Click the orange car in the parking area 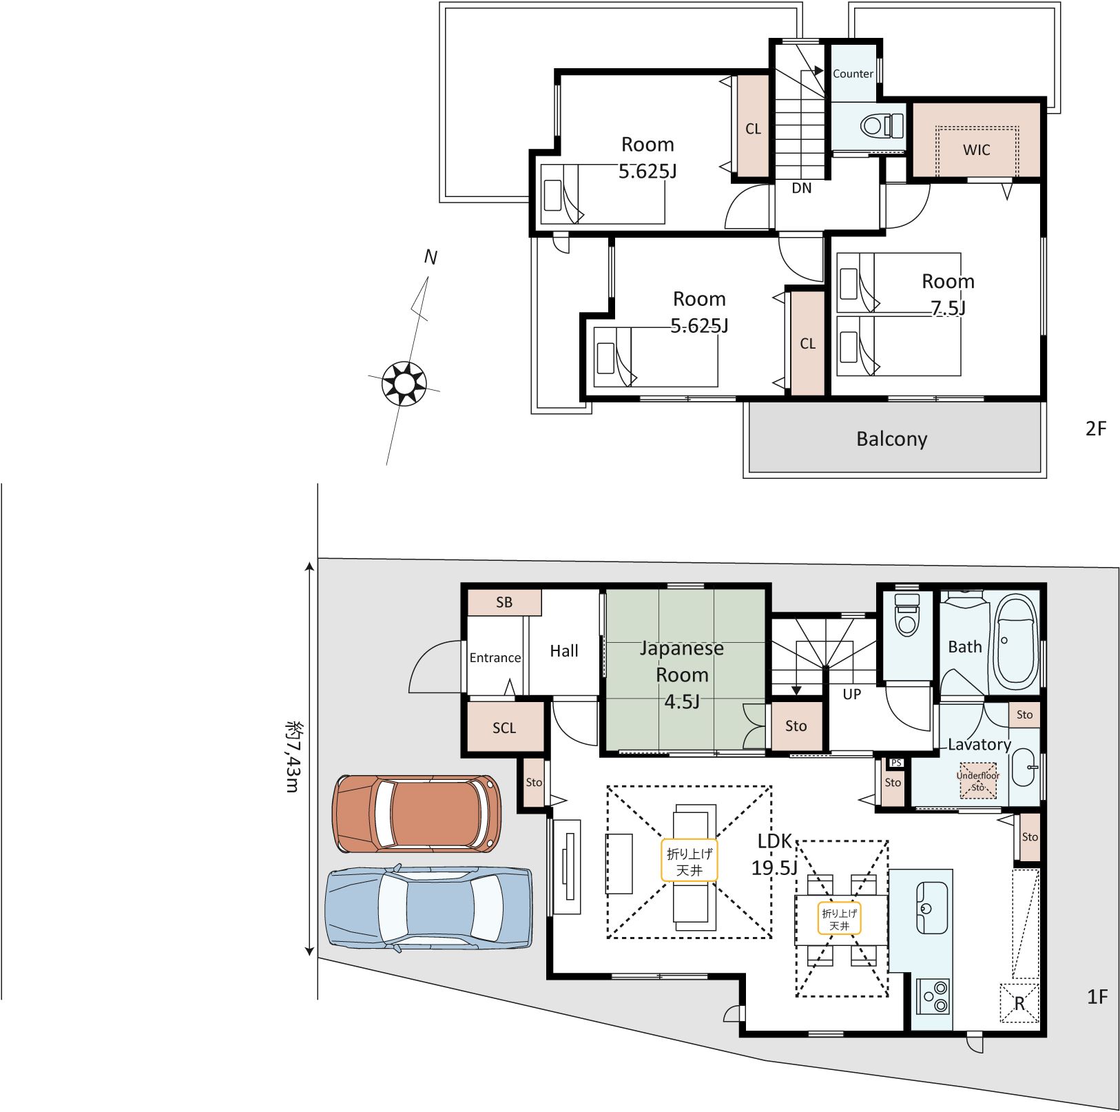point(417,814)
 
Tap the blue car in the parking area point(428,907)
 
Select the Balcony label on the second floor point(891,439)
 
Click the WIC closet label point(976,150)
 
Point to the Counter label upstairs point(853,74)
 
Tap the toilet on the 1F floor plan point(906,614)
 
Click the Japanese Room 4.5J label point(682,675)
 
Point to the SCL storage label point(504,728)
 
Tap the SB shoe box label point(504,602)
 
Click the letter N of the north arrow point(431,257)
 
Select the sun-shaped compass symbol point(404,383)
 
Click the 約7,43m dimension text point(293,757)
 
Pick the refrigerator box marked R point(1019,1003)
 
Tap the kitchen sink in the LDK point(931,907)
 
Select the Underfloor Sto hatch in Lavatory point(978,781)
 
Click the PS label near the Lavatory point(895,763)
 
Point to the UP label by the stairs point(852,694)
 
